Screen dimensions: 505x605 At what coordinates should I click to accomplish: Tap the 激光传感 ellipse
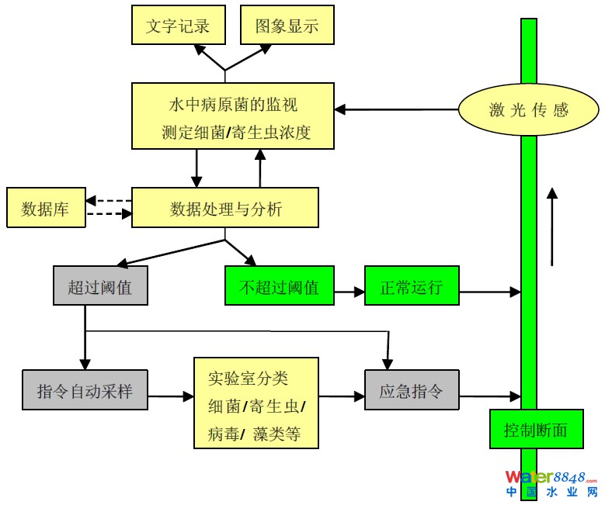528,110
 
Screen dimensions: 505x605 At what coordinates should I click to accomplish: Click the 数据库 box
45,208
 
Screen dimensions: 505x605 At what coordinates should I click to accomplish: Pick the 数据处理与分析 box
225,208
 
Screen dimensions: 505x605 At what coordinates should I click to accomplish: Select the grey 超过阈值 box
100,285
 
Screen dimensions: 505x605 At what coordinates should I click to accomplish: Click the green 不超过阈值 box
279,285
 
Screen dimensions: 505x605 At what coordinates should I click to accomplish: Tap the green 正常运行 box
412,285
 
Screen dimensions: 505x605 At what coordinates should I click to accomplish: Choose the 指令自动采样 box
85,390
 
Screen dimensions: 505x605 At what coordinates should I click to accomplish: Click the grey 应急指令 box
412,390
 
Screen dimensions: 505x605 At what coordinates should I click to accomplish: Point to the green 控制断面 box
536,428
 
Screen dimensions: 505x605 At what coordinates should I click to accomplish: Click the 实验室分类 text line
248,379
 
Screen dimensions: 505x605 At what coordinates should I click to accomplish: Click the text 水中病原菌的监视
233,104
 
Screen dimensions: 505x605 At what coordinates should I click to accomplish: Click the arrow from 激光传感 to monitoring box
396,110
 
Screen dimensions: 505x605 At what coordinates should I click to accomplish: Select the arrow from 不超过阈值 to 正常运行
349,292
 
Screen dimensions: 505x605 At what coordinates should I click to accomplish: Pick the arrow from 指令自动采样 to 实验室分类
170,396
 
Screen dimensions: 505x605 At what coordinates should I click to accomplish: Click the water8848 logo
551,483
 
